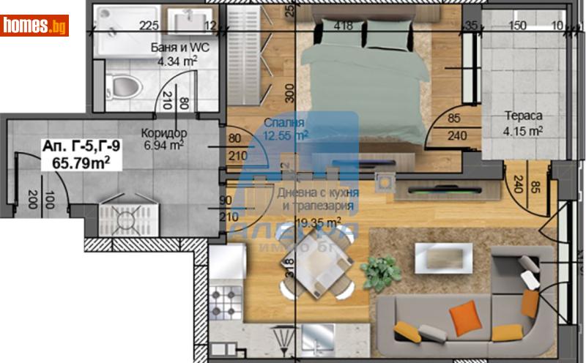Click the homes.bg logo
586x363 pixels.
(x=35, y=26)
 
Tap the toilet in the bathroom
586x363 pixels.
(x=124, y=86)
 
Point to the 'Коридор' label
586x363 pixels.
(x=165, y=132)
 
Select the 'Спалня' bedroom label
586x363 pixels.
(x=284, y=123)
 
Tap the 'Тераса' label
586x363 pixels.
(x=522, y=116)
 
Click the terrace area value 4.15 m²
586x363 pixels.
(x=523, y=132)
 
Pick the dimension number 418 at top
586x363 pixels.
(x=342, y=26)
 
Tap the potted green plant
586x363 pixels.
(x=379, y=272)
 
